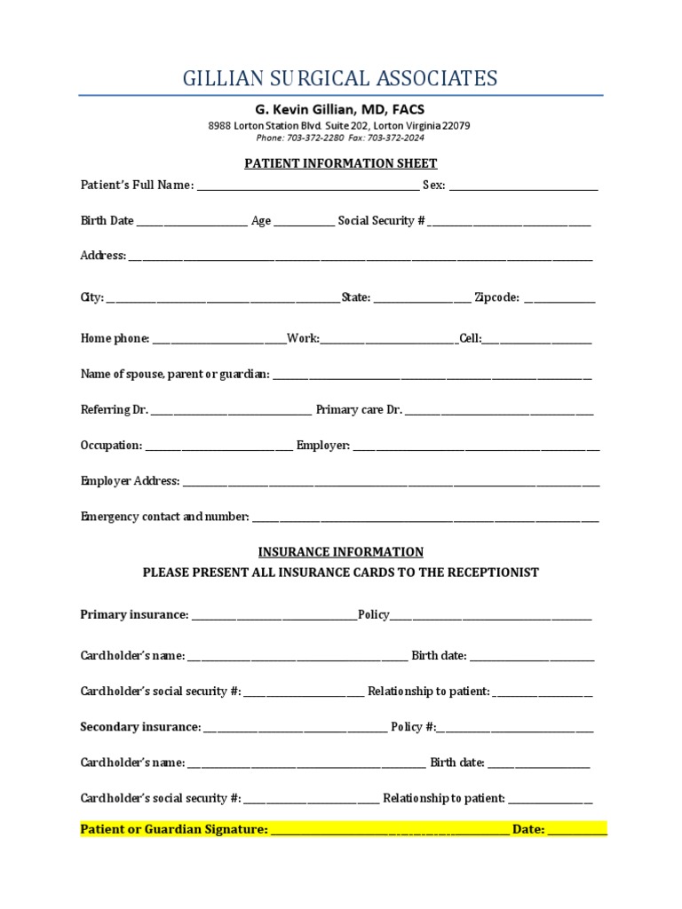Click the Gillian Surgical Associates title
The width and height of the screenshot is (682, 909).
point(340,78)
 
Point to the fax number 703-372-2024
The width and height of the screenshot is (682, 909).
point(395,138)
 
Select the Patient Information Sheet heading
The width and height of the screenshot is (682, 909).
point(341,163)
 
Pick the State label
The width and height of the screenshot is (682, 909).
point(356,298)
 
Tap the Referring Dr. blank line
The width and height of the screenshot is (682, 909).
point(231,411)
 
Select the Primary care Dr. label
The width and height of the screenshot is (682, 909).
point(359,410)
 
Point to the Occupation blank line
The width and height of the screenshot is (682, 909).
point(218,447)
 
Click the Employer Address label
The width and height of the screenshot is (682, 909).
point(130,481)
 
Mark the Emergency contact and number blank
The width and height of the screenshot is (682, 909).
point(425,518)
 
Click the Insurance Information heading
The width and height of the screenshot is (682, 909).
point(341,552)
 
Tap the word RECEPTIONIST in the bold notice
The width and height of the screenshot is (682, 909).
point(493,573)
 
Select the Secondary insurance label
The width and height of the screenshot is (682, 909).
point(140,727)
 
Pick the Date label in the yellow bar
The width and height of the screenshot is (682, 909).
point(527,830)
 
